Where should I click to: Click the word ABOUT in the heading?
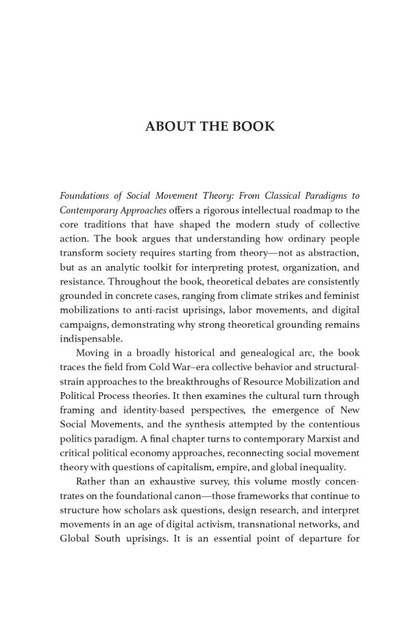tap(167, 128)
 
